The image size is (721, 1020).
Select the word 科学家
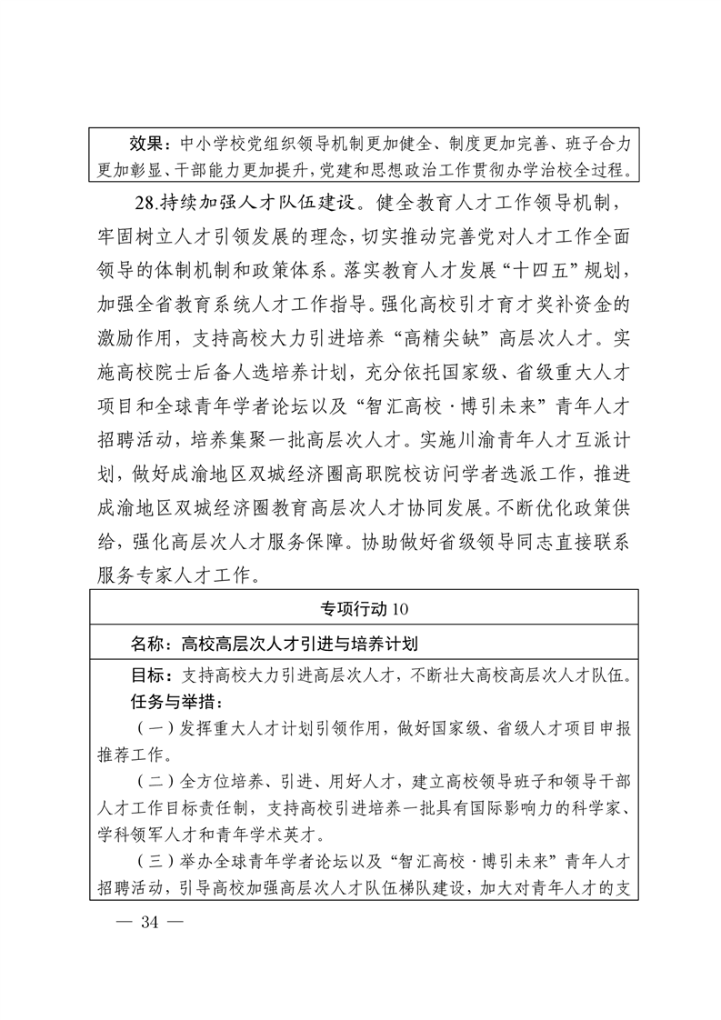coord(608,808)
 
